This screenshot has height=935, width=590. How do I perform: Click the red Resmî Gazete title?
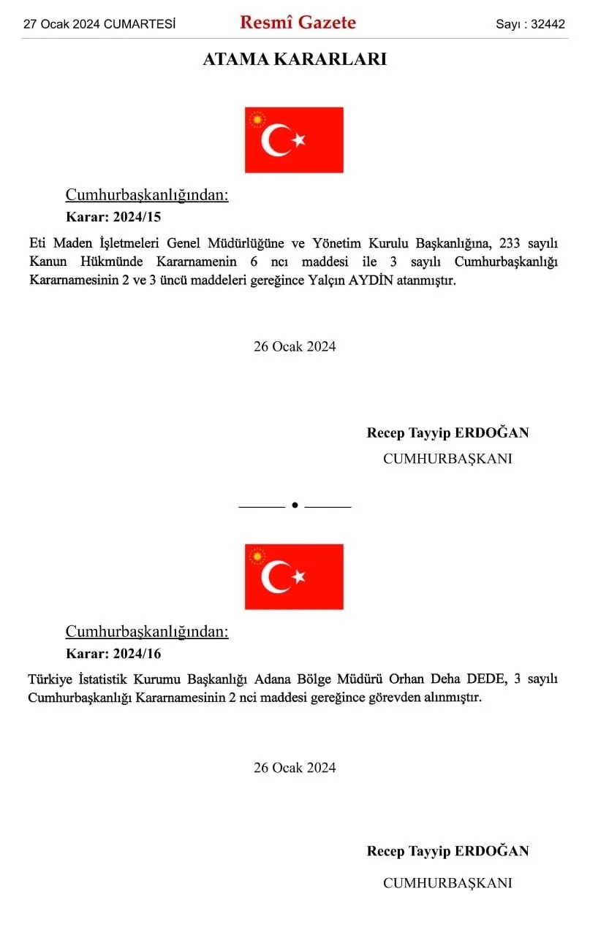click(x=298, y=23)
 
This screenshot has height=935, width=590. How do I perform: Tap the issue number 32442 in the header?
click(x=548, y=24)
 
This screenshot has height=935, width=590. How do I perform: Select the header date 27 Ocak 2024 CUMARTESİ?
click(x=99, y=24)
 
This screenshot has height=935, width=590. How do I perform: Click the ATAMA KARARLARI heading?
click(x=295, y=60)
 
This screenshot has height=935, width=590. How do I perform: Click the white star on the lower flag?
click(x=298, y=576)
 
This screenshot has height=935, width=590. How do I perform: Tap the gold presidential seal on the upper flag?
click(x=257, y=120)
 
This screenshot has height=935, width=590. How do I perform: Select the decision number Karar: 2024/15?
click(x=113, y=216)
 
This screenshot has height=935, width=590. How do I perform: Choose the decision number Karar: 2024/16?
click(x=113, y=653)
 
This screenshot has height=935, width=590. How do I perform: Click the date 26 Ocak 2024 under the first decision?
click(x=295, y=346)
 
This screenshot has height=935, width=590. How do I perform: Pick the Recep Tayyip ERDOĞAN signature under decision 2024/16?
click(x=447, y=851)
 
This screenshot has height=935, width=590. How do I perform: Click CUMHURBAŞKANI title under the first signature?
click(x=447, y=459)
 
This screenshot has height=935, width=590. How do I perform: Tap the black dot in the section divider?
click(x=295, y=505)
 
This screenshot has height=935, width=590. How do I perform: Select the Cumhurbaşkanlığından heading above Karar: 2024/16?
click(x=147, y=631)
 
